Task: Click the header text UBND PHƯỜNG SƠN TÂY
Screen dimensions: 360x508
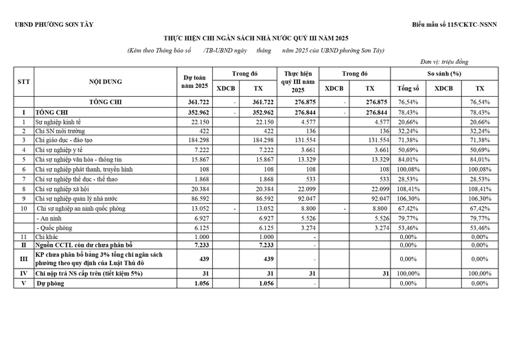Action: (53, 25)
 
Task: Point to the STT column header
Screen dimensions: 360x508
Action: (24, 81)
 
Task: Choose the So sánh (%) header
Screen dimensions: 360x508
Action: (444, 72)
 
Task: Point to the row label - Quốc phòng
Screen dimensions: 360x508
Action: (57, 226)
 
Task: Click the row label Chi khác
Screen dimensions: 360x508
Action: (49, 236)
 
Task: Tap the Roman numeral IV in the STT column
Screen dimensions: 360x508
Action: (24, 274)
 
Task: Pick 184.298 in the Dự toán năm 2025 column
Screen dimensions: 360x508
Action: (196, 139)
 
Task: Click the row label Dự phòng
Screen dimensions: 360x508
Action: (52, 283)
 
